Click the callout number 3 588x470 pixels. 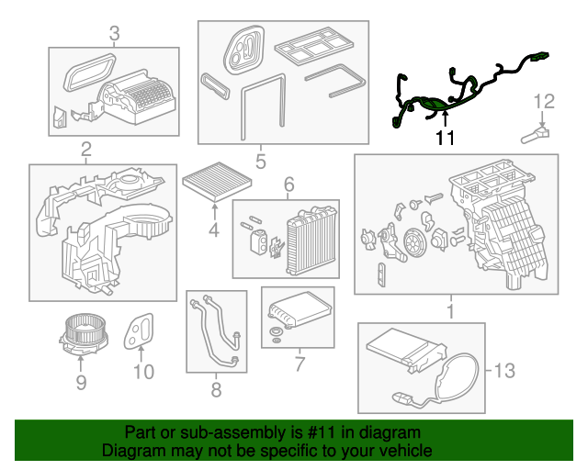tap(114, 35)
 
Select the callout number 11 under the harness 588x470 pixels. tap(445, 139)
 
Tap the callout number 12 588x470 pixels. tap(544, 100)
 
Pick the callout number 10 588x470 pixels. tap(143, 372)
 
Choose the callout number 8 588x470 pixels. tap(216, 390)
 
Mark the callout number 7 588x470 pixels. tap(299, 364)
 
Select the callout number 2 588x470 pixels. tap(85, 149)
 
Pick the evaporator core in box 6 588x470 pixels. tap(308, 241)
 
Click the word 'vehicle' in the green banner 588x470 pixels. tap(401, 452)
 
